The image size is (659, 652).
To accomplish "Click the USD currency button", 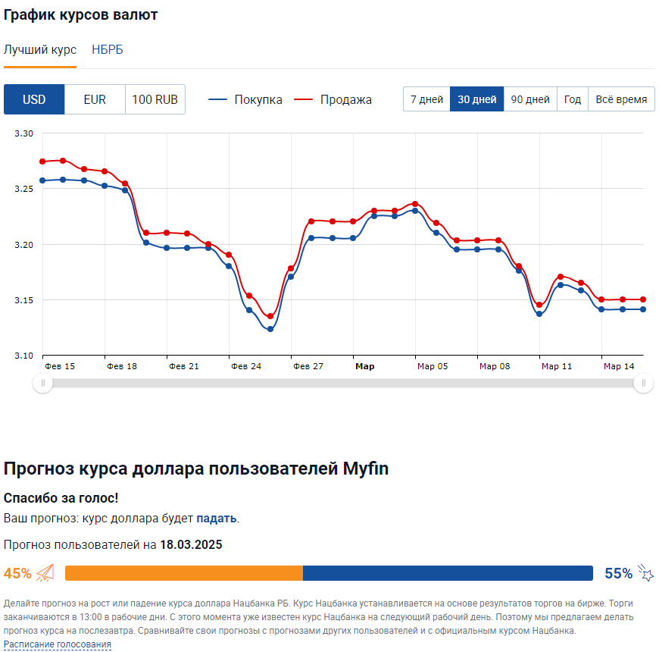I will tap(34, 99).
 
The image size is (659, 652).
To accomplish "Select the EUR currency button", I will tap(95, 99).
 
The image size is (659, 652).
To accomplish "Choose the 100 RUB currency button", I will tap(155, 99).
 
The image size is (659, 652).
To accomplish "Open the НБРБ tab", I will tap(107, 50).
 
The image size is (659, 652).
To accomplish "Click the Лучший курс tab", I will tap(40, 50).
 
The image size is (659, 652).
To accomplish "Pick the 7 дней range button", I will tap(426, 99).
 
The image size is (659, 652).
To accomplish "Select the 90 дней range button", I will tap(530, 99).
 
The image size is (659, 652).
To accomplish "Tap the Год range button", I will tap(573, 99).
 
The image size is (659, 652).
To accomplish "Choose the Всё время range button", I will tap(621, 99).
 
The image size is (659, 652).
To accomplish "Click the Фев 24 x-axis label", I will tap(246, 366).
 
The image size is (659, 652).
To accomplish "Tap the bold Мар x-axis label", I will tap(365, 366).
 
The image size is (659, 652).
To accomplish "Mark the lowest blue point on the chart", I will tap(270, 329).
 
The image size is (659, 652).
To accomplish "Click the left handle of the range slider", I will tap(42, 384).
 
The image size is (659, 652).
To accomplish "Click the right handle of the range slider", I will tap(643, 384).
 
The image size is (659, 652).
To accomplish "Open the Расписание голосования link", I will tap(58, 644).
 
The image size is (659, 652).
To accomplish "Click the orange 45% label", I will tap(18, 573).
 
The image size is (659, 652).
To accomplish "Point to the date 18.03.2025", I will tap(191, 544).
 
